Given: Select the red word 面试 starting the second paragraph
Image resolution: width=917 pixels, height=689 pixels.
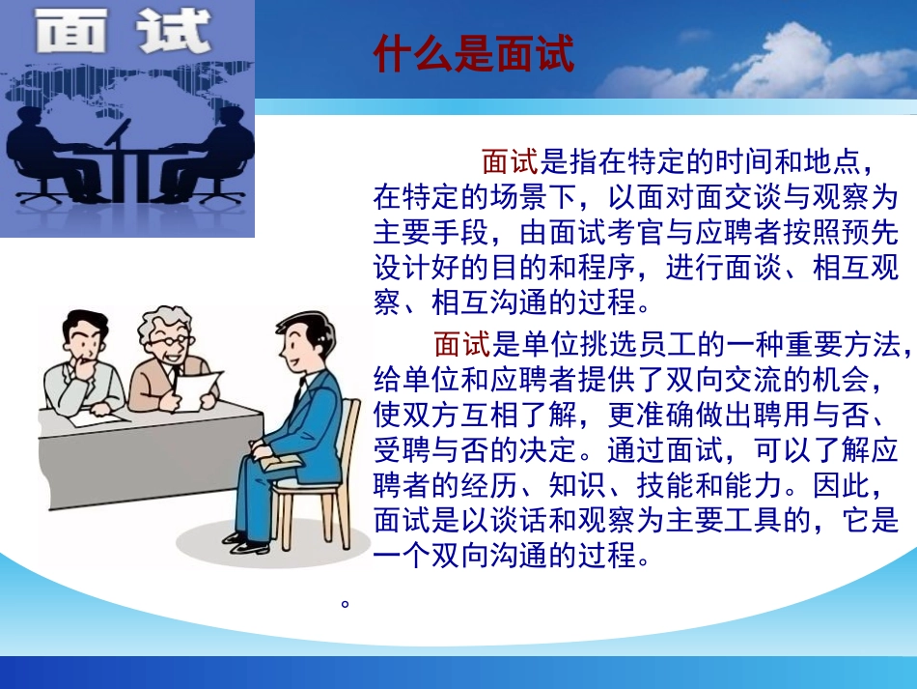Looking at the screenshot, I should (x=462, y=343).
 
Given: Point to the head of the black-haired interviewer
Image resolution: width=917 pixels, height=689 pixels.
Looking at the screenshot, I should (x=84, y=335).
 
